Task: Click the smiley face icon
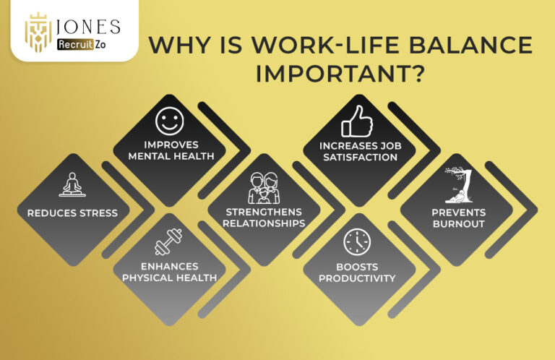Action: tap(169, 120)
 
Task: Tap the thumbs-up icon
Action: tap(356, 121)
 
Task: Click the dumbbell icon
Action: tap(168, 241)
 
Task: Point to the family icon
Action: tap(263, 187)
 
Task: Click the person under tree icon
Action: tap(457, 186)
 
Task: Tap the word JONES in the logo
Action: tap(89, 27)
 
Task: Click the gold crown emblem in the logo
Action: tap(38, 33)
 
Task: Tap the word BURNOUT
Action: tap(458, 223)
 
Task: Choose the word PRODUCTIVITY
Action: tap(357, 278)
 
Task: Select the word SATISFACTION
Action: tap(358, 157)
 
